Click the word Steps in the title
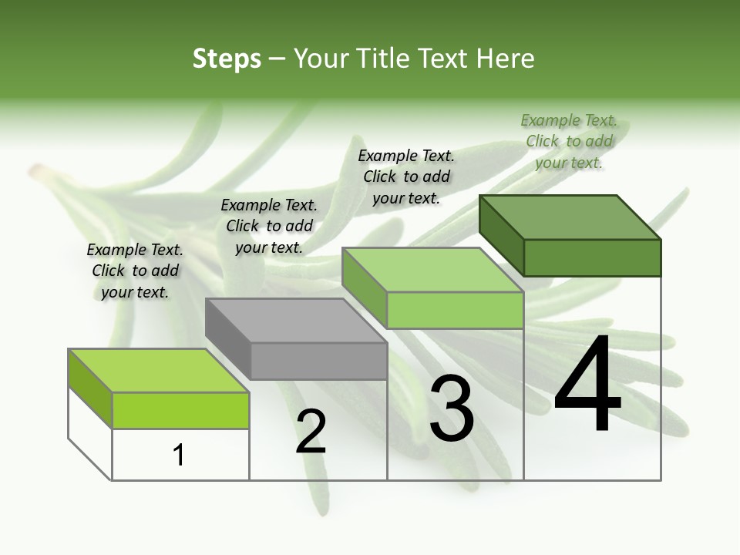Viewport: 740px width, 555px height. click(x=227, y=59)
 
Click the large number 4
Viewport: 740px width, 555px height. click(x=587, y=385)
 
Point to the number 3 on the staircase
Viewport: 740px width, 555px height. click(x=451, y=409)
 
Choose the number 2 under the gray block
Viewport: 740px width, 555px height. click(x=311, y=431)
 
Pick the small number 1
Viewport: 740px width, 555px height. click(x=179, y=455)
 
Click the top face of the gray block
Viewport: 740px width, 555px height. click(x=295, y=321)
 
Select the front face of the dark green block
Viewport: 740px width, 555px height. click(x=592, y=257)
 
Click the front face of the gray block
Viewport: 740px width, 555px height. click(x=318, y=362)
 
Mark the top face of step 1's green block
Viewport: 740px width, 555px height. click(x=159, y=371)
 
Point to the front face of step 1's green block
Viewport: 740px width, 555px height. click(x=180, y=410)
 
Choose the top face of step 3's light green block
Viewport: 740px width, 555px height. click(x=432, y=270)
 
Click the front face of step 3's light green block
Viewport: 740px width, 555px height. click(x=455, y=310)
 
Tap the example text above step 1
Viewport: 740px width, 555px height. click(x=135, y=271)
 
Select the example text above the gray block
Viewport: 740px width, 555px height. click(x=269, y=226)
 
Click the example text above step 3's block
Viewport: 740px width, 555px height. click(x=406, y=177)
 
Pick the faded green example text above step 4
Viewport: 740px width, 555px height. click(x=569, y=141)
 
